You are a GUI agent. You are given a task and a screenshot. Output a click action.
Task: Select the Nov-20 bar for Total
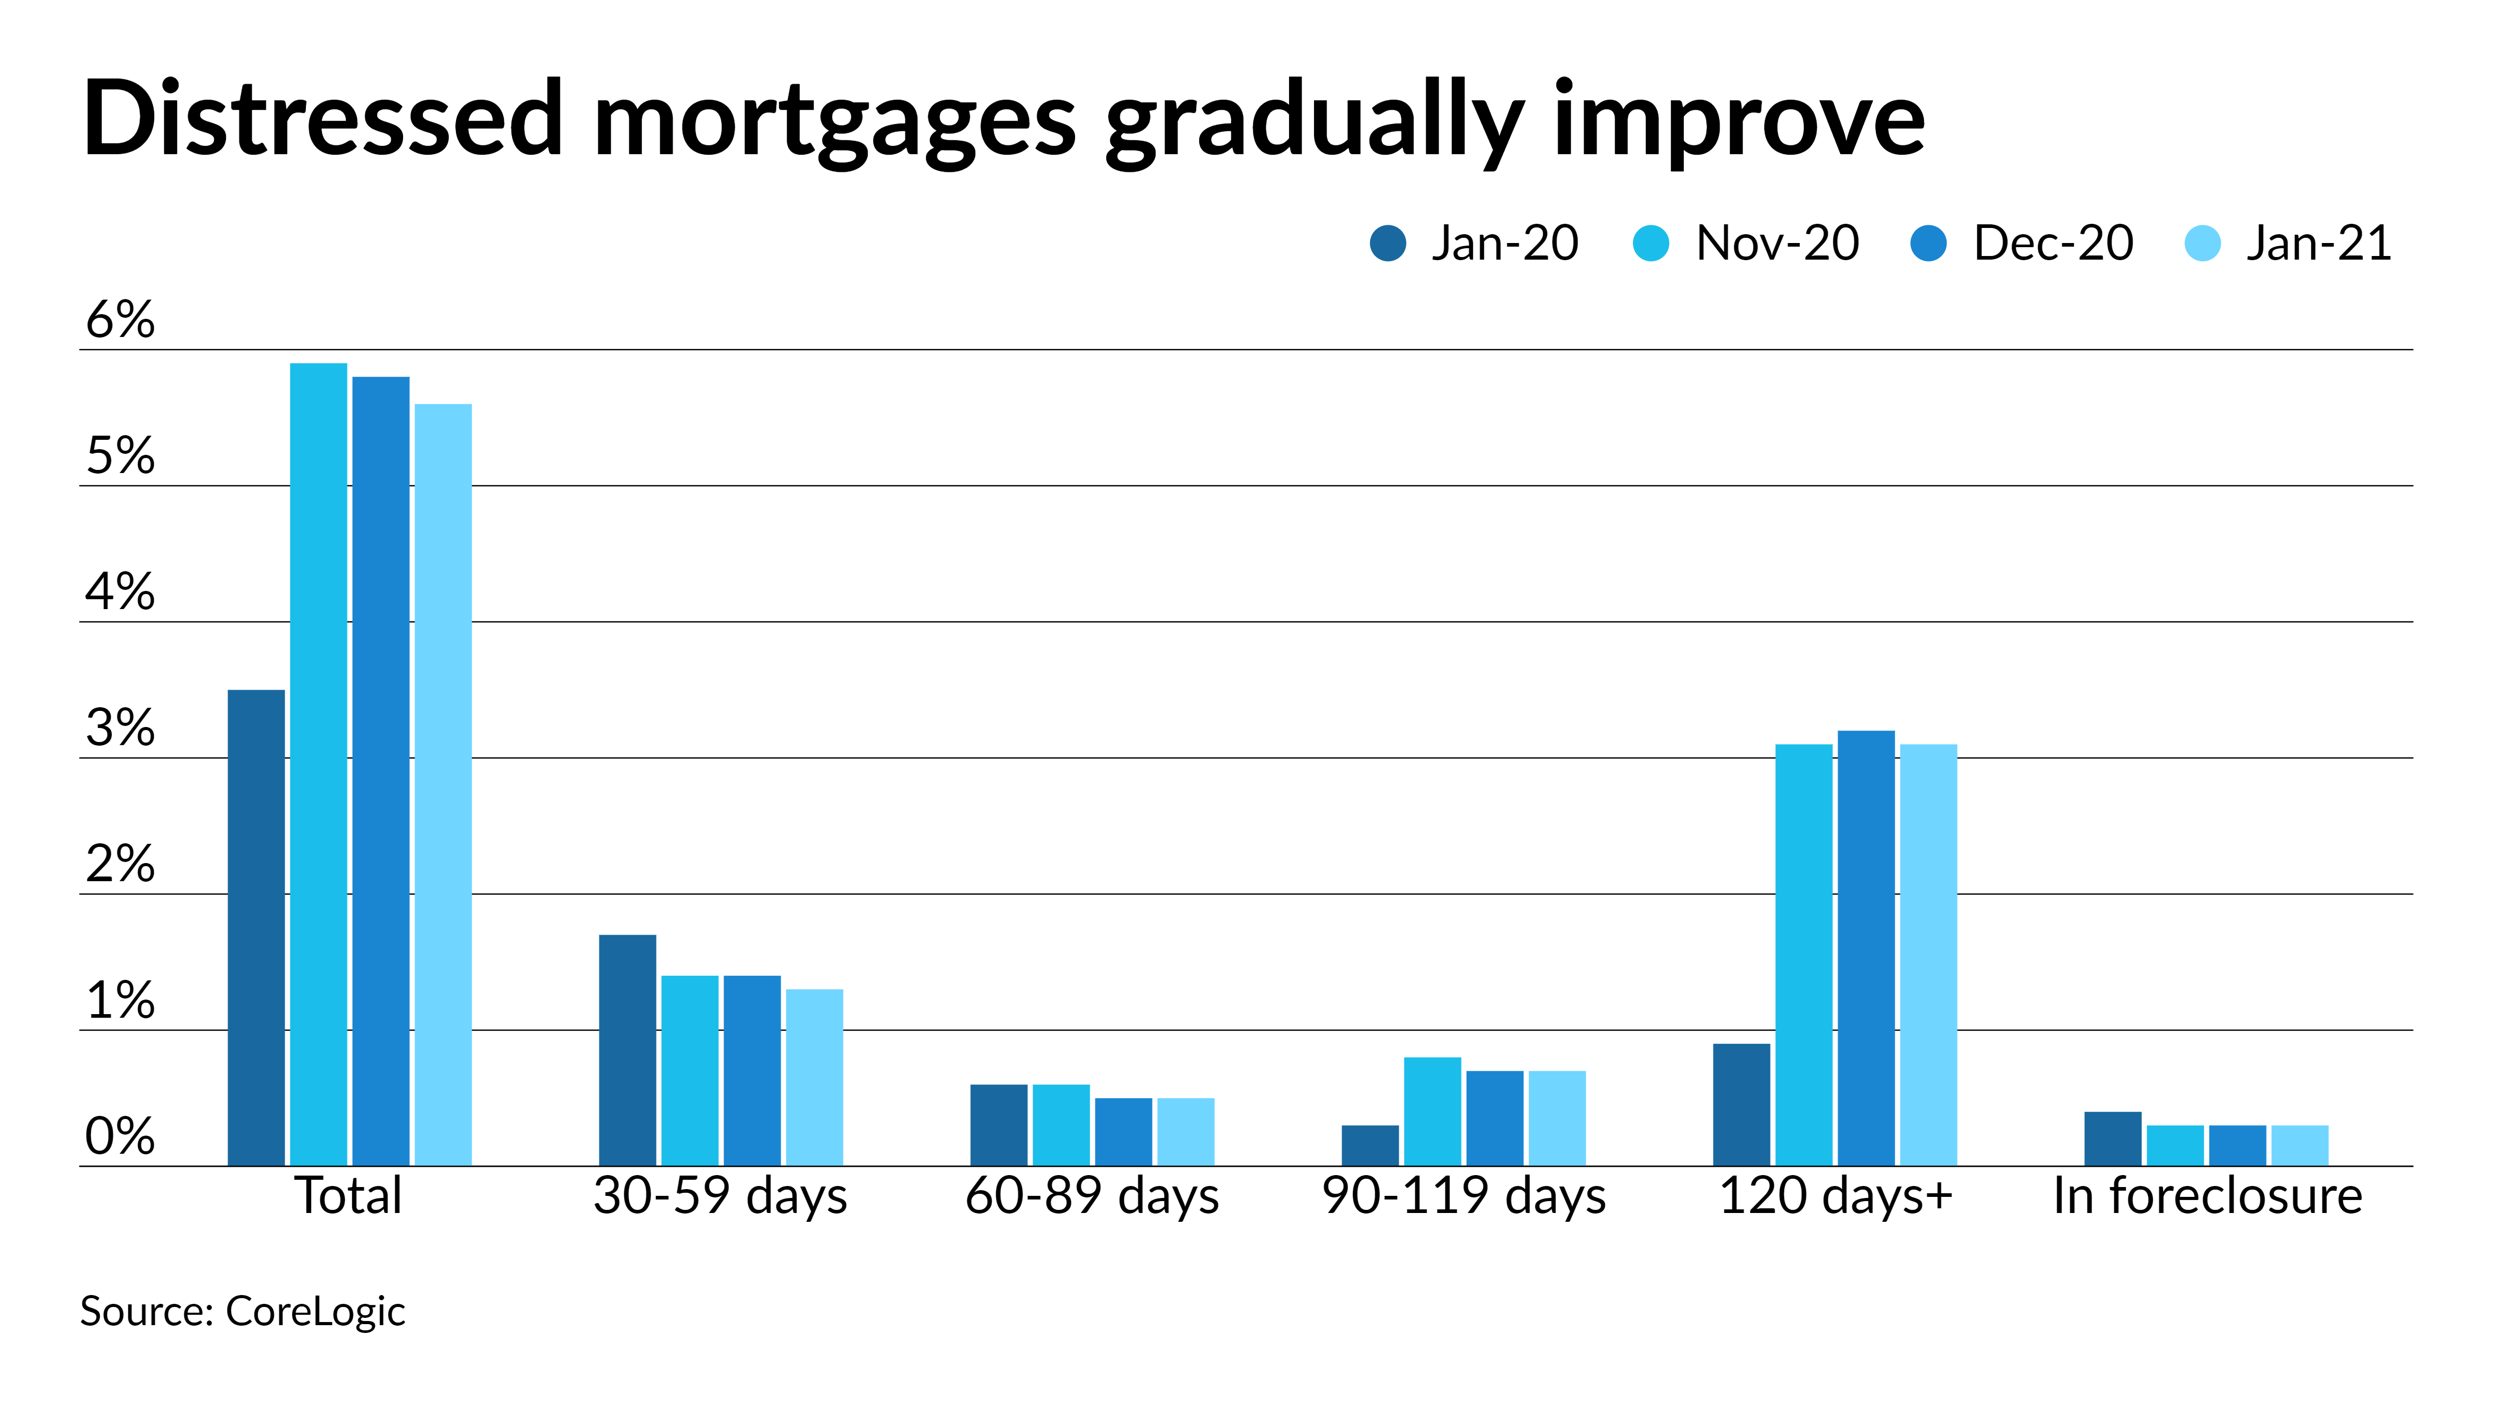coord(318,764)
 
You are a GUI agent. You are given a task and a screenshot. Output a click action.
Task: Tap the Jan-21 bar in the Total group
coord(443,784)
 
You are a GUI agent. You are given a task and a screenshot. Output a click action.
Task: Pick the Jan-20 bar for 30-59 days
coord(627,1050)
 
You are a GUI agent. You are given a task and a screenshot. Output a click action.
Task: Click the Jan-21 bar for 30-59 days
coord(814,1077)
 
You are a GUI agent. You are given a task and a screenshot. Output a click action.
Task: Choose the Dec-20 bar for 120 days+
coord(1866,948)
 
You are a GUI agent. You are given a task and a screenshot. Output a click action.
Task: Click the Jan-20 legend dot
coord(1388,243)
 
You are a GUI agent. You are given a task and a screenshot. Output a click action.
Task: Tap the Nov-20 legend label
coord(1777,243)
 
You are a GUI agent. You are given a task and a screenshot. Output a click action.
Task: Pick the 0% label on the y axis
coord(120,1136)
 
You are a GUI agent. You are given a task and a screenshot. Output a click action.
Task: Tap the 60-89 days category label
coord(1092,1196)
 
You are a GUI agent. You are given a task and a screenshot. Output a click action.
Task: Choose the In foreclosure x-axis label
coord(2207,1196)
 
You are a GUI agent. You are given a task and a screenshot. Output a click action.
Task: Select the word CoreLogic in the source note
coord(315,1312)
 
